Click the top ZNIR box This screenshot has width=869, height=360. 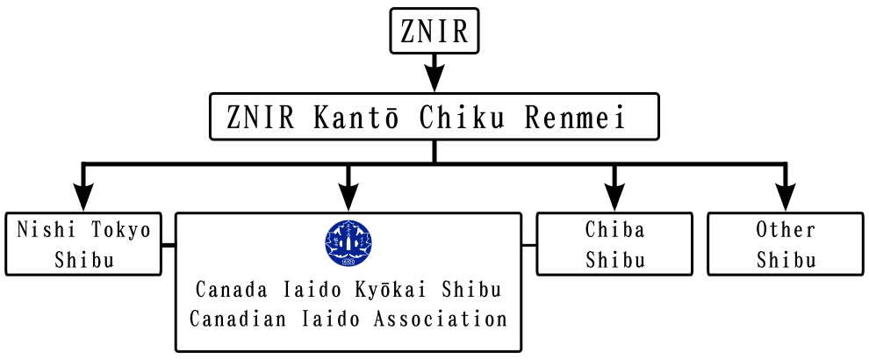pyautogui.click(x=434, y=32)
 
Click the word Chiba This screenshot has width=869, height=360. pyautogui.click(x=614, y=230)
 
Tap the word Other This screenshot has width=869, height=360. pyautogui.click(x=786, y=230)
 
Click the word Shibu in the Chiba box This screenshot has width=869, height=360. pyautogui.click(x=614, y=260)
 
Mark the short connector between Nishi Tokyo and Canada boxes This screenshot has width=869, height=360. pyautogui.click(x=169, y=245)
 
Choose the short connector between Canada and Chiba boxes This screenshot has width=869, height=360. pyautogui.click(x=529, y=245)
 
